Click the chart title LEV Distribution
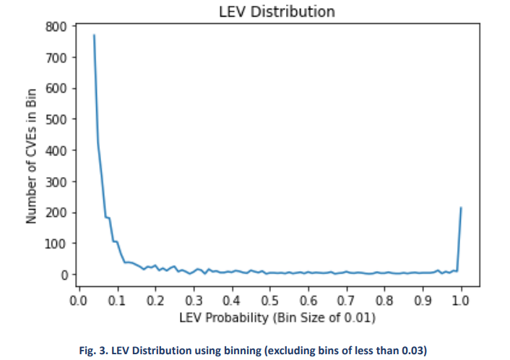point(277,12)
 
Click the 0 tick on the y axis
point(63,275)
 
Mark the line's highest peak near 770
point(94,35)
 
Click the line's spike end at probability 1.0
point(461,208)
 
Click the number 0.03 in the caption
point(415,351)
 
